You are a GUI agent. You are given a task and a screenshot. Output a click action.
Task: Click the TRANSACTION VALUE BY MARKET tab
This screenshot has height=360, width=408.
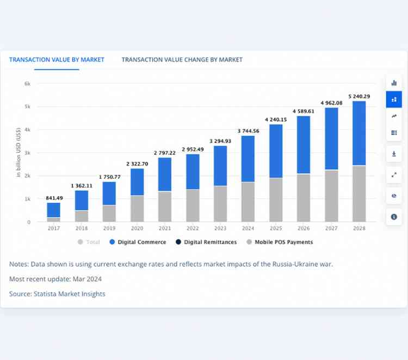point(57,59)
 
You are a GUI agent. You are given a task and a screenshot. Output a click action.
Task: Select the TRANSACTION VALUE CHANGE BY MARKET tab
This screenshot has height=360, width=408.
point(182,59)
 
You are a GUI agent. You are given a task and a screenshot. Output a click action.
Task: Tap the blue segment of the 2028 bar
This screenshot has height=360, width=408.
point(359,133)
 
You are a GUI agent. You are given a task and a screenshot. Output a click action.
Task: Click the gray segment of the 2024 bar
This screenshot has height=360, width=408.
point(248,202)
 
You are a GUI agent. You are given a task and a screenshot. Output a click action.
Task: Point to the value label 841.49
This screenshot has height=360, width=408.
point(54,198)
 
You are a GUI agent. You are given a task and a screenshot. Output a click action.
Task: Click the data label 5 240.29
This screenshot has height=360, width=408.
point(359,96)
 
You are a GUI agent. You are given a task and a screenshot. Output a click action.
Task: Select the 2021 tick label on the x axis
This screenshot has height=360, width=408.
point(164,228)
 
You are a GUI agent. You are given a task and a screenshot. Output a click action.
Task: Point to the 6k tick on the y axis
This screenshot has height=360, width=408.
point(27,84)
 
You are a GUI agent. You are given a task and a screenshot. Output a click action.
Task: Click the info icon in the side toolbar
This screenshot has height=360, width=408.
point(394,217)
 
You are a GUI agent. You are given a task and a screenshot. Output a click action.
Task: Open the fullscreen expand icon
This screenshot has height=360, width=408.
point(394,175)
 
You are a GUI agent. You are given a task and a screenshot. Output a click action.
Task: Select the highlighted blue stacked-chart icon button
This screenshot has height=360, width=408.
point(394,99)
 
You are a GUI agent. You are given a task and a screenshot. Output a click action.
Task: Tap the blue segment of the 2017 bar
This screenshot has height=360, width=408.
point(54,210)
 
